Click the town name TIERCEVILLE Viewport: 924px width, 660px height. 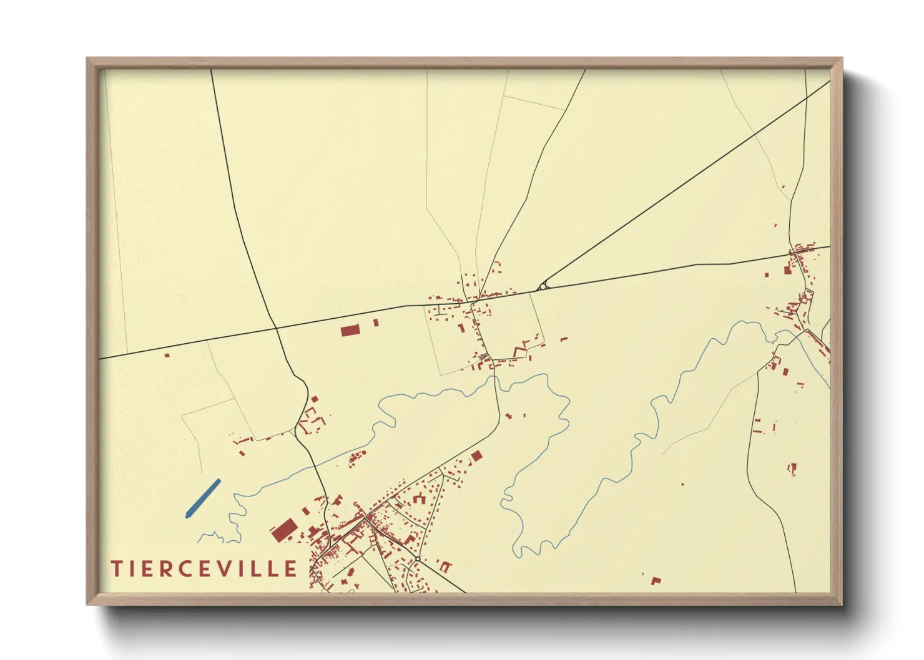[204, 568]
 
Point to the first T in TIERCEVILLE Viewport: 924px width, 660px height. [116, 568]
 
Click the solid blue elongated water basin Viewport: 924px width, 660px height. [203, 498]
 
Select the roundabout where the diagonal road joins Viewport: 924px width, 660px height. [543, 286]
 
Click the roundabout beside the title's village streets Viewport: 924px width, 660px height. [417, 558]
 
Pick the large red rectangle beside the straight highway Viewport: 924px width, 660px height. [350, 330]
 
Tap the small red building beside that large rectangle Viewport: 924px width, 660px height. [376, 323]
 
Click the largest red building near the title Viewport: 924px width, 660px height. [283, 530]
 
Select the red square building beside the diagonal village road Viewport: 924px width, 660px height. [476, 456]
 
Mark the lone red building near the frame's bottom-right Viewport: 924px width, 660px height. [656, 581]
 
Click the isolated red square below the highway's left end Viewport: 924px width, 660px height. [167, 356]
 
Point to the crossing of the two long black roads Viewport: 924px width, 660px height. [276, 328]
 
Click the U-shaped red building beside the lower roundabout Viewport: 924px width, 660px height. [445, 566]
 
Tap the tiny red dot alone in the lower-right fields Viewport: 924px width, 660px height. [682, 484]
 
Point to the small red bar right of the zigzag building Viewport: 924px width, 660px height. [564, 339]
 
